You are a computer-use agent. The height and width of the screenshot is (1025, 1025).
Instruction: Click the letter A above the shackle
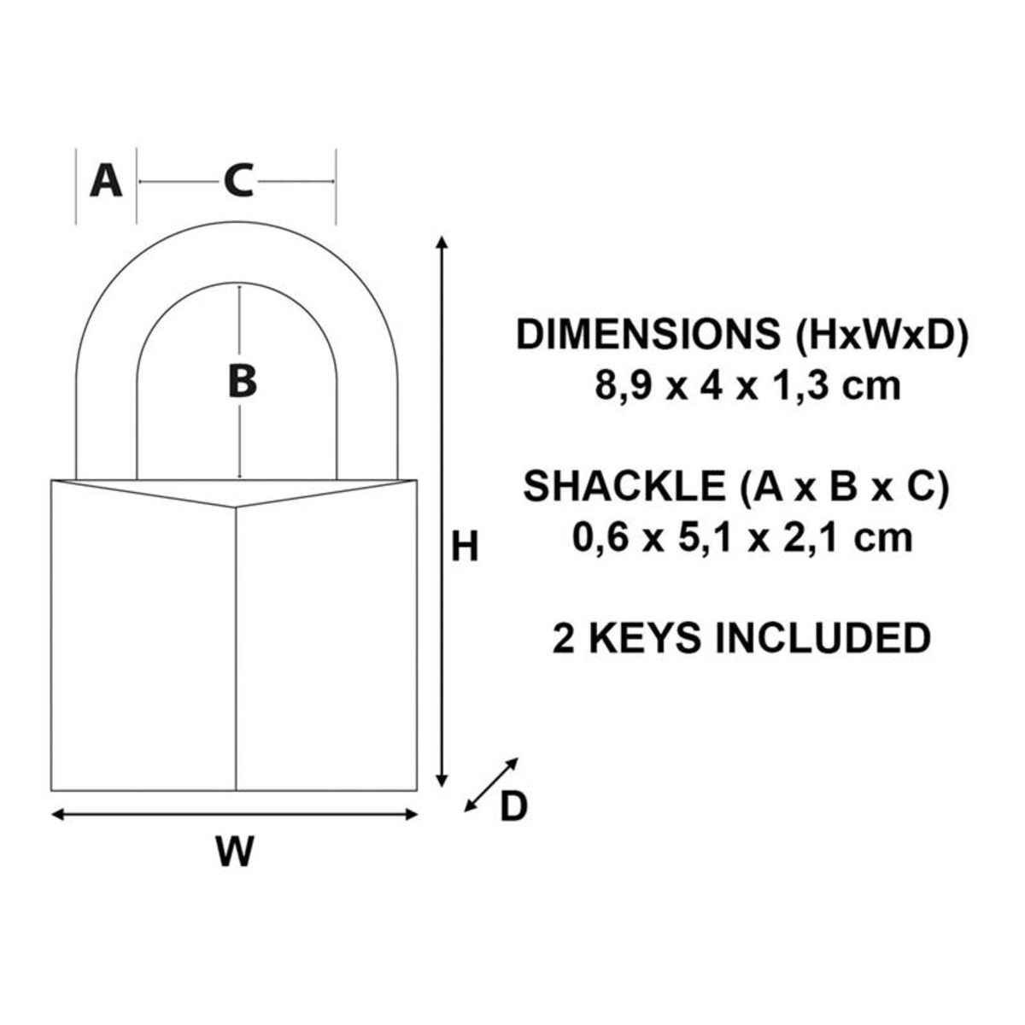[106, 181]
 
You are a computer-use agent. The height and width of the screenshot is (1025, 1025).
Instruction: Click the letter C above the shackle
[237, 181]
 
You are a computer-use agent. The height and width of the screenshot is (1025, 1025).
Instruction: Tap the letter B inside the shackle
[242, 382]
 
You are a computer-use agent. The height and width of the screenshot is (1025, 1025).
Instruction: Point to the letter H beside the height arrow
[465, 546]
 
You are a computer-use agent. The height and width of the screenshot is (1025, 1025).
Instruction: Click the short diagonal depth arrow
[491, 785]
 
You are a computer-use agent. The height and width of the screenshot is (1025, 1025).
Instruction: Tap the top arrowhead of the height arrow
[442, 242]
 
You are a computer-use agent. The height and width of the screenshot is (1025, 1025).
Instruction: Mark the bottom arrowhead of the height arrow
[442, 781]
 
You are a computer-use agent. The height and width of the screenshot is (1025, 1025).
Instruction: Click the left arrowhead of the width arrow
[57, 814]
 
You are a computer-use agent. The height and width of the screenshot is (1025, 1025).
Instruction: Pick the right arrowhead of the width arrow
[411, 814]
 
